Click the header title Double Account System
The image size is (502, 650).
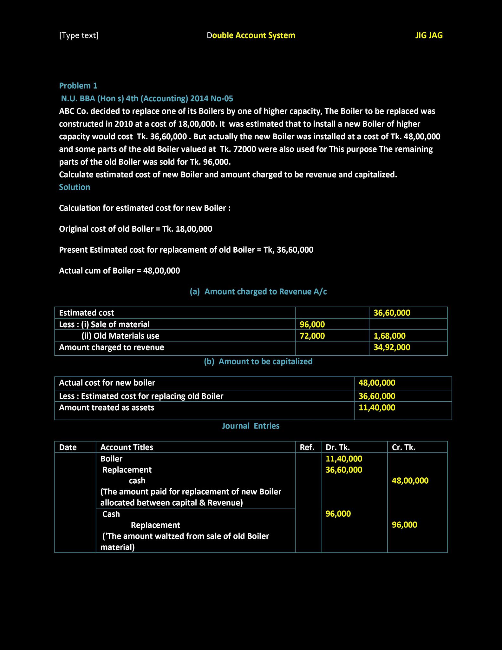click(x=251, y=35)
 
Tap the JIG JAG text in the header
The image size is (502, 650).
click(x=429, y=35)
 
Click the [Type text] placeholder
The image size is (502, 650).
click(x=79, y=35)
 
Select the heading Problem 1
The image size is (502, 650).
click(x=78, y=86)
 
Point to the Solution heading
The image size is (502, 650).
click(x=75, y=187)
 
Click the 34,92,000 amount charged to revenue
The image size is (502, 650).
click(x=392, y=347)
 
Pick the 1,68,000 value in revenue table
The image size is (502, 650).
click(x=389, y=336)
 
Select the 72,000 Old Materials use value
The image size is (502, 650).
click(x=312, y=336)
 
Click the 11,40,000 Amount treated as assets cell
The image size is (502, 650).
click(x=377, y=408)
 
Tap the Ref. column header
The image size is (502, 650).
click(x=307, y=447)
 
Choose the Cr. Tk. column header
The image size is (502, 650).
click(x=403, y=447)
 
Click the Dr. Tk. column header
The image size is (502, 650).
click(x=337, y=447)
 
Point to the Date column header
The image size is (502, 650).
click(x=68, y=447)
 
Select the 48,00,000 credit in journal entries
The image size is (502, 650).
click(x=410, y=481)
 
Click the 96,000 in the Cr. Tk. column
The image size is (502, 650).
click(x=404, y=525)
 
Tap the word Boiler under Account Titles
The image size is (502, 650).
click(x=111, y=459)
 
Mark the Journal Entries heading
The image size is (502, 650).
click(x=251, y=426)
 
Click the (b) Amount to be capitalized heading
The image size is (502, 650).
click(x=258, y=361)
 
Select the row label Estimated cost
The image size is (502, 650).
click(x=86, y=313)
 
